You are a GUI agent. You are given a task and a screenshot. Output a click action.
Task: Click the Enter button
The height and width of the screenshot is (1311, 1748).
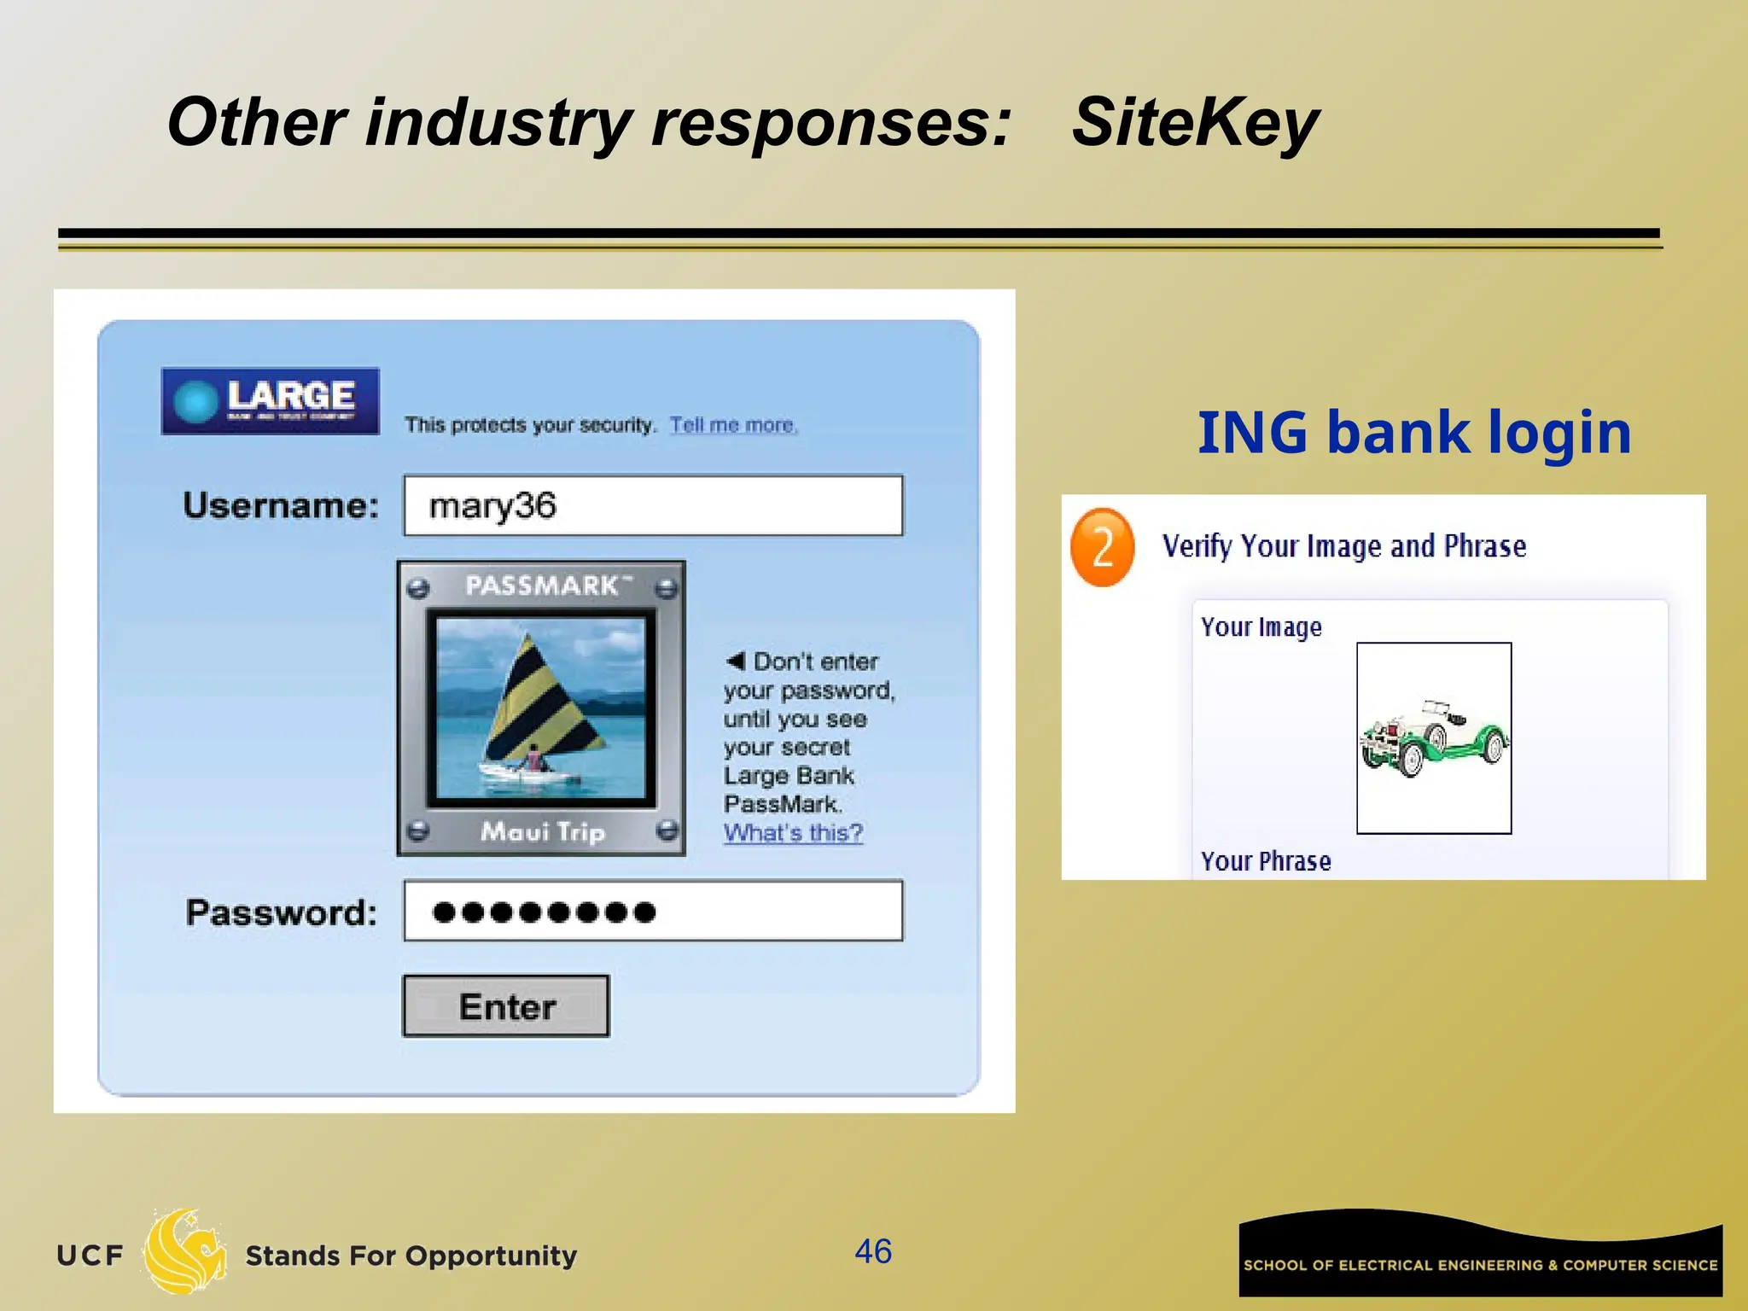click(506, 1006)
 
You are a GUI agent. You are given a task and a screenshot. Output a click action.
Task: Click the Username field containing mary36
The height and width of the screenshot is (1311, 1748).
click(653, 505)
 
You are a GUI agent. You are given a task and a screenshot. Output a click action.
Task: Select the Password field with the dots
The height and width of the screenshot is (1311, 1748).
click(653, 912)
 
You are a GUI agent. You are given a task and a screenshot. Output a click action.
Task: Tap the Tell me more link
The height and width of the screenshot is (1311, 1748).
click(733, 425)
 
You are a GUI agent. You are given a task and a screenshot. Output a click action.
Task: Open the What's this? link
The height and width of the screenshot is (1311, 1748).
click(793, 832)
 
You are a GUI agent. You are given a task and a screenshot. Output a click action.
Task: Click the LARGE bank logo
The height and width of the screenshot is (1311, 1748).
click(271, 400)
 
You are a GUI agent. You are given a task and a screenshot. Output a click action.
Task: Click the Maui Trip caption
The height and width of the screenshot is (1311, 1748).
click(543, 830)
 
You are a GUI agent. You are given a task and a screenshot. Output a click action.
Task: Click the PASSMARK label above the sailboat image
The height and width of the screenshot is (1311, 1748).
click(542, 586)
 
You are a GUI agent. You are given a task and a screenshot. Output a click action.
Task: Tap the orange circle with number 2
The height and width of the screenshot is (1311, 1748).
click(1102, 547)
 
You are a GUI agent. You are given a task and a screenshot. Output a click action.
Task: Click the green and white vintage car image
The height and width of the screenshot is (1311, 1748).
click(1433, 738)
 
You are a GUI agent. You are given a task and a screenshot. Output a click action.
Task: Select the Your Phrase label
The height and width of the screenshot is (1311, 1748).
click(1266, 861)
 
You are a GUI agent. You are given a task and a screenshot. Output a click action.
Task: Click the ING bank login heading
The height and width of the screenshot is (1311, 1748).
click(1414, 432)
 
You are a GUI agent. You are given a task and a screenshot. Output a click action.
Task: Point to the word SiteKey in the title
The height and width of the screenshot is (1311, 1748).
click(1194, 122)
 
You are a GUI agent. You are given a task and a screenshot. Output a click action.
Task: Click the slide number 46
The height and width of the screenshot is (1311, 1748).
click(873, 1251)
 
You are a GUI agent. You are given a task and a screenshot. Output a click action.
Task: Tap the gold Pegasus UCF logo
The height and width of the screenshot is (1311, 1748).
click(185, 1251)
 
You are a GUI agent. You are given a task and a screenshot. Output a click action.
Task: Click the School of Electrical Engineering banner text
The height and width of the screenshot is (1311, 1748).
click(1480, 1265)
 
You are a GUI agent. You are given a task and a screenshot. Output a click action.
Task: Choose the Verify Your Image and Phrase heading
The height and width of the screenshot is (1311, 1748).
click(1344, 546)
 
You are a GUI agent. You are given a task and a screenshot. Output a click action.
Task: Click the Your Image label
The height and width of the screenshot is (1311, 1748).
click(1261, 627)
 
